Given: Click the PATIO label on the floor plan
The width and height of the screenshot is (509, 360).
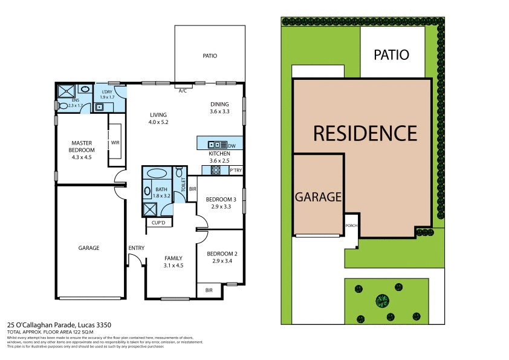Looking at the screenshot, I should tap(210, 56).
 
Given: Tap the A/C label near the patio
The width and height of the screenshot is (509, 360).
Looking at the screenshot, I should tap(183, 91).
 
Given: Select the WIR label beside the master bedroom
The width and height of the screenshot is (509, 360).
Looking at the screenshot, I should tap(115, 143).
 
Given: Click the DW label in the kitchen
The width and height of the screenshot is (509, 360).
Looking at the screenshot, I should tap(232, 145).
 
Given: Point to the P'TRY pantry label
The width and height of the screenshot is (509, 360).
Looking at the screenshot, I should tap(236, 171).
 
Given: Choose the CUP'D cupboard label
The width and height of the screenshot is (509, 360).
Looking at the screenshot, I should tap(158, 223).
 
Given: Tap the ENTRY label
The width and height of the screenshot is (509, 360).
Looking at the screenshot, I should tap(136, 248).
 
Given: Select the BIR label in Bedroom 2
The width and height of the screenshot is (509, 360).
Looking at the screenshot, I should tap(209, 290).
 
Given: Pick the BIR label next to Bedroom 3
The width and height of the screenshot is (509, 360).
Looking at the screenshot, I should tap(193, 189).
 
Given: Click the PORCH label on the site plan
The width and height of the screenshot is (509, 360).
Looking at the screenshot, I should tap(351, 227).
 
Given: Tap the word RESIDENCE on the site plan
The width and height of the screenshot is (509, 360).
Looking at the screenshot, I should tap(365, 133).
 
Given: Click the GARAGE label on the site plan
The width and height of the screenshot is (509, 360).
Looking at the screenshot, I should tap(319, 197).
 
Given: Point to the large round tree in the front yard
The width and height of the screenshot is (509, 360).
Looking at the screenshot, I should tap(382, 299).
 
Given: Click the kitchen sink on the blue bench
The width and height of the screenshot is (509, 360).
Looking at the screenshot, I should tap(216, 145).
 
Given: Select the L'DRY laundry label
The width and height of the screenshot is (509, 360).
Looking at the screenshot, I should tap(107, 91).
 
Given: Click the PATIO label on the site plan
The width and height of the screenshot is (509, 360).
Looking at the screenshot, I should tap(391, 55).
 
